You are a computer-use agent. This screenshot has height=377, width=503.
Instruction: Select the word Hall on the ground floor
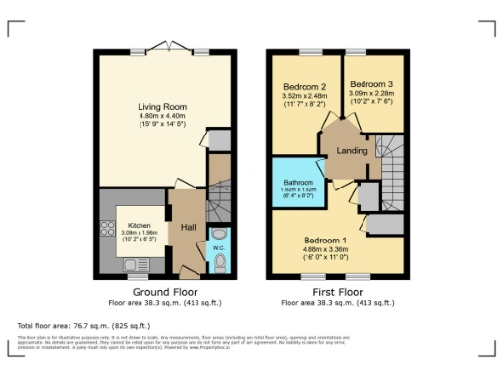click(x=189, y=227)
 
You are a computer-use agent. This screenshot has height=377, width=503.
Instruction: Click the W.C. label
click(x=219, y=249)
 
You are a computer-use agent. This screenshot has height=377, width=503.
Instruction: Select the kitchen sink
click(x=132, y=263)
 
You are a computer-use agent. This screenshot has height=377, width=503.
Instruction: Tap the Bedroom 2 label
click(x=304, y=86)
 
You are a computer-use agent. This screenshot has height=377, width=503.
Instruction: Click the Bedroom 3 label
click(x=370, y=84)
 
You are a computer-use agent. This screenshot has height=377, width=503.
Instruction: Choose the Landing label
click(x=352, y=150)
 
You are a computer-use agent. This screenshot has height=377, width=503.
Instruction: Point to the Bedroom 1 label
click(x=324, y=241)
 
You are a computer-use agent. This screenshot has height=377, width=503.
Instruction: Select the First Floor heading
click(x=336, y=292)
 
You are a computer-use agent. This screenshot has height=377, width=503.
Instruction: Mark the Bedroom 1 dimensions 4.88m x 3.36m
click(x=324, y=250)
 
